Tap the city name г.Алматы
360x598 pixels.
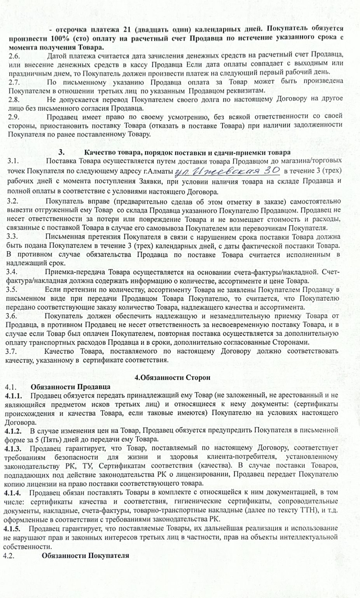[x=158, y=171]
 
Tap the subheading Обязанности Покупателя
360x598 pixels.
[x=85, y=555]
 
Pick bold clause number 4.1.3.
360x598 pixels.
[x=14, y=448]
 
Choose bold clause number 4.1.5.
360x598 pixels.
[x=14, y=528]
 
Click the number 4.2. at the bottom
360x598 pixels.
[x=9, y=555]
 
